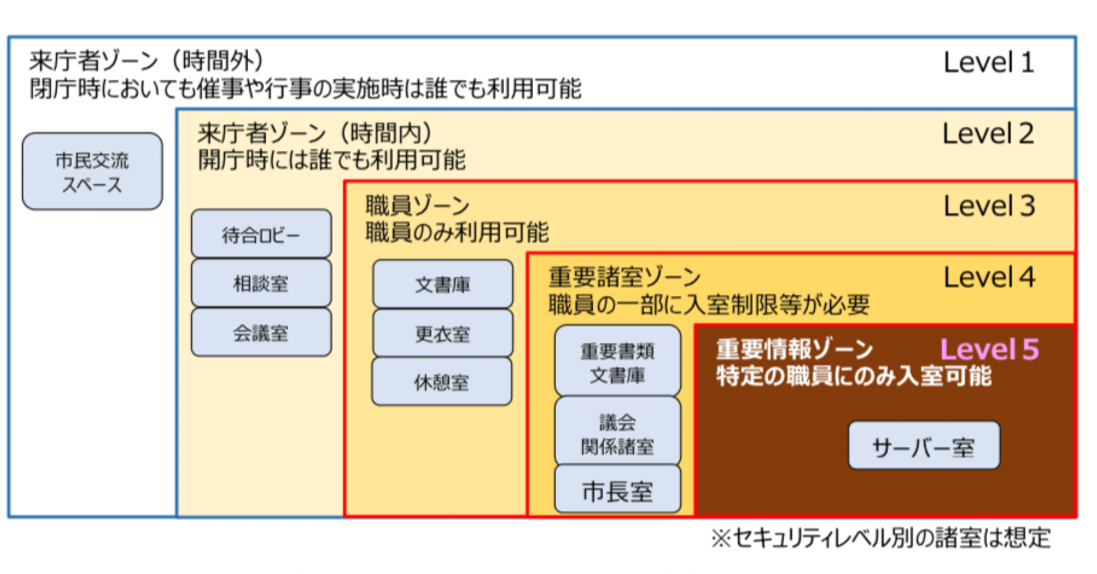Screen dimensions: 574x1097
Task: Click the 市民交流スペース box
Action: pos(92,171)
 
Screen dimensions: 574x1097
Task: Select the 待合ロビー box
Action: pos(261,234)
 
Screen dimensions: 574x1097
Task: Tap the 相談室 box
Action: pos(261,283)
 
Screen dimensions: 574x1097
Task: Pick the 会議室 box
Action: pos(261,332)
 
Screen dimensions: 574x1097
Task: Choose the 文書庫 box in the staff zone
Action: pos(443,284)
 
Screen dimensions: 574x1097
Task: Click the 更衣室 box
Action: pos(443,333)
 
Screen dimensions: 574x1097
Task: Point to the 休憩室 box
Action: pos(441,382)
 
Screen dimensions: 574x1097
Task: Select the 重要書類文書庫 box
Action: pos(617,361)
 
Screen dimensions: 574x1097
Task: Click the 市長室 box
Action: pos(617,490)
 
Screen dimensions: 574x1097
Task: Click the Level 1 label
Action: pos(988,63)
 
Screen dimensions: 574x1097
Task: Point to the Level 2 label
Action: pos(988,134)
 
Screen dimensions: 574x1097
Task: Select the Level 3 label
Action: pos(989,206)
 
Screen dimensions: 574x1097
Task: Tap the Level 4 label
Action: pos(989,278)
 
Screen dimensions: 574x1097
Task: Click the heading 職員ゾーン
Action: pos(417,205)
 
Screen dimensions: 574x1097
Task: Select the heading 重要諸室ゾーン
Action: pos(624,277)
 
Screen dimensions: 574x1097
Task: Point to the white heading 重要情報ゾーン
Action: pos(795,349)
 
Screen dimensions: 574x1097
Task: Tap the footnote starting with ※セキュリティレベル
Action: pos(880,538)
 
